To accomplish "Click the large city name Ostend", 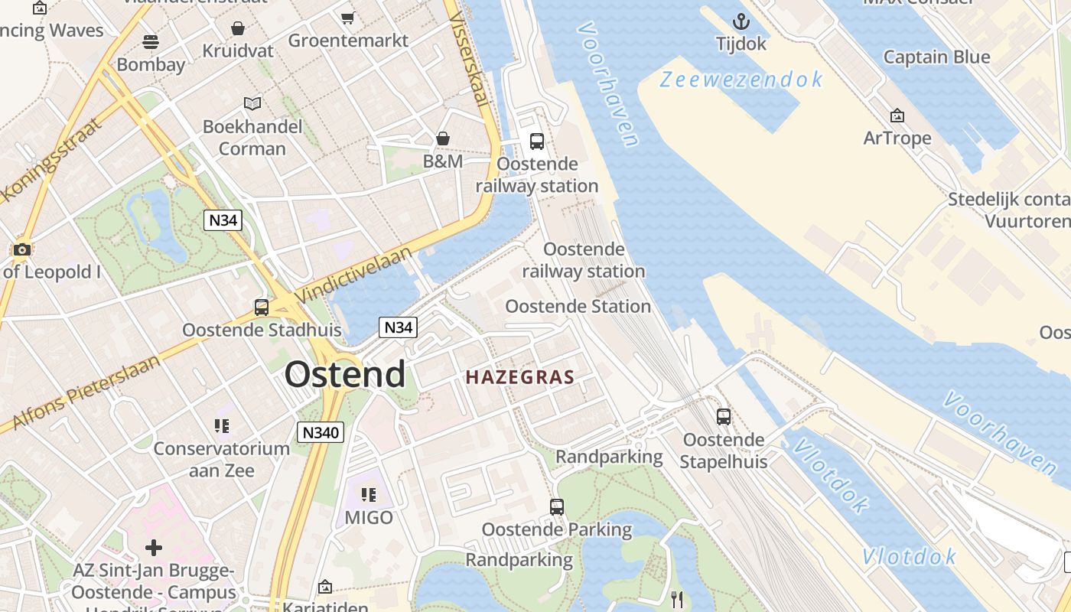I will tap(345, 374).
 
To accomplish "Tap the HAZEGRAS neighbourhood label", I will tap(520, 377).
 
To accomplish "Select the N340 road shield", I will tap(321, 432).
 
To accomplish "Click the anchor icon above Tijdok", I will tap(741, 21).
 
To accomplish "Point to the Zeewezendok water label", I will tap(741, 79).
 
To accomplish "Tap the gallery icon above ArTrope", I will tap(897, 116).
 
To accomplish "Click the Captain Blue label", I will tap(936, 57).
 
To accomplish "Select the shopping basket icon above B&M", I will tap(443, 138).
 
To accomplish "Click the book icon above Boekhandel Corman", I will tap(252, 103).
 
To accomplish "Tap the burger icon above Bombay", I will tap(151, 41).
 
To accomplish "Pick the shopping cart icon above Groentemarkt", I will tap(348, 18).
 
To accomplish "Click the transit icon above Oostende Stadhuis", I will tap(262, 308).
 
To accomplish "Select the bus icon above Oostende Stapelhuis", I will tap(724, 417).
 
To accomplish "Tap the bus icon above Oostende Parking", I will tap(557, 506).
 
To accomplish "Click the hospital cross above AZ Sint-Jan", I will tap(154, 547).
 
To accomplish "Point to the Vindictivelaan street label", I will tap(354, 273).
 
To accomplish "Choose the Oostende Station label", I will tap(578, 307).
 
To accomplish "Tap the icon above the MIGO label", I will tap(369, 495).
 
